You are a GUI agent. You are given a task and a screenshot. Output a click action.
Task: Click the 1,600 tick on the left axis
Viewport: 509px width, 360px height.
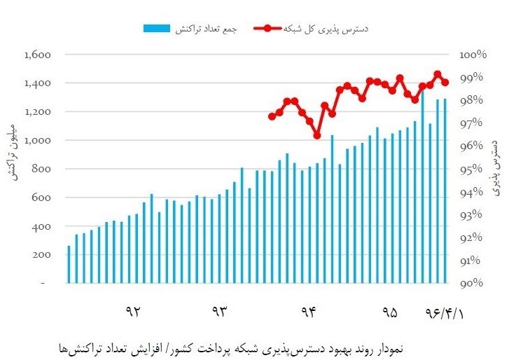[39, 55]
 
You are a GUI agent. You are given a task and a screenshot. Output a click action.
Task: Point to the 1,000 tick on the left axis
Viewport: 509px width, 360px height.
[39, 141]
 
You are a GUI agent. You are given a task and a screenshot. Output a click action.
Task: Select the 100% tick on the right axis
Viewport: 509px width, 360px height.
[473, 55]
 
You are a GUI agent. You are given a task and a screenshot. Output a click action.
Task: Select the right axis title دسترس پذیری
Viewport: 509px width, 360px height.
[495, 165]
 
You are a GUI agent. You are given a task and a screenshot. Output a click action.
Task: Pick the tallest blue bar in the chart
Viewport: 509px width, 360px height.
[422, 186]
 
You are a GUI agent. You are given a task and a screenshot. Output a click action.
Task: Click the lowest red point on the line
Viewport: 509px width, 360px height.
[317, 135]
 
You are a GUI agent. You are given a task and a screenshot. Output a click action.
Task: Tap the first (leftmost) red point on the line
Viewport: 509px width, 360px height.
[272, 116]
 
